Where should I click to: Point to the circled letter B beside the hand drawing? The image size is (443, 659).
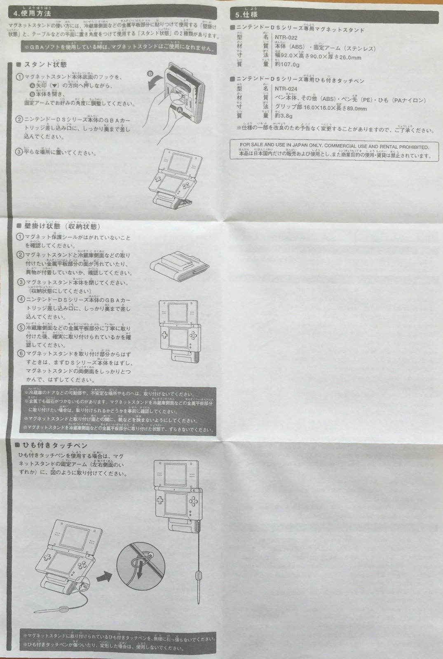coord(150,73)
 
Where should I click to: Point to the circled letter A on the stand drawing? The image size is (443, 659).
coord(179,109)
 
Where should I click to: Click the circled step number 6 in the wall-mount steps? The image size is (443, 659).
coord(20,353)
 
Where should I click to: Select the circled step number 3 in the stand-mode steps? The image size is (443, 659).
coord(19,152)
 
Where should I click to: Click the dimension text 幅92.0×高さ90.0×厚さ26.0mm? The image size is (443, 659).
coord(318,56)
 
